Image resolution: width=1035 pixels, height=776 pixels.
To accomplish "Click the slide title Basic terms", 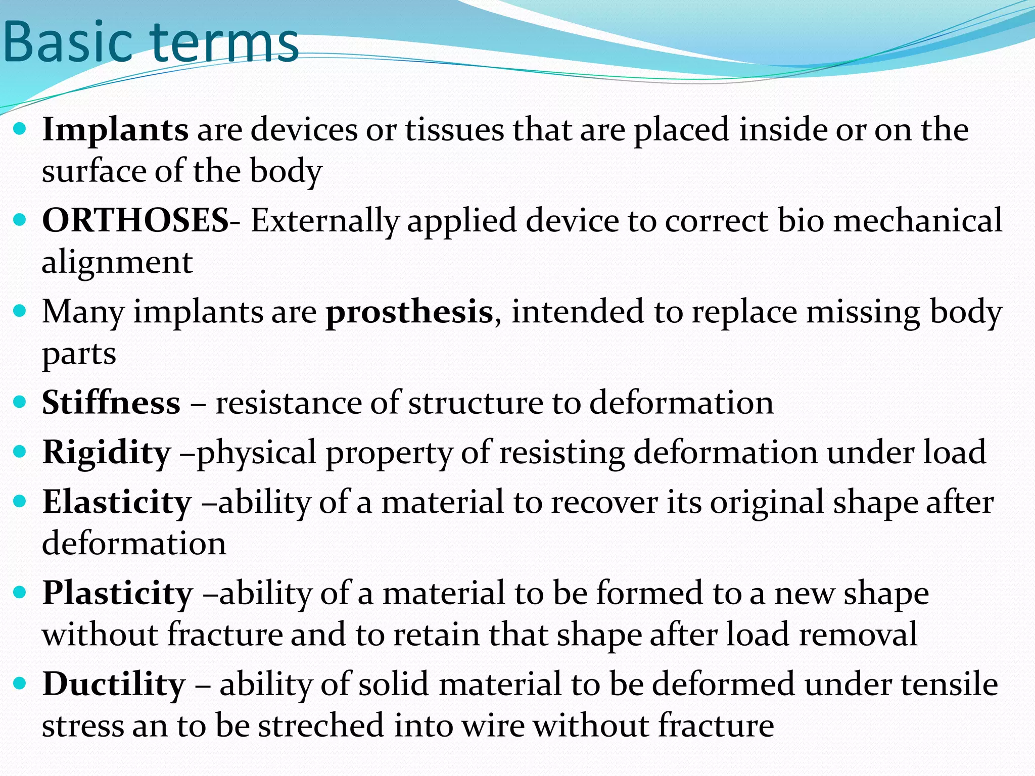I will tap(151, 42).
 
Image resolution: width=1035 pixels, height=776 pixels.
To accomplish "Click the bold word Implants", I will tap(115, 129).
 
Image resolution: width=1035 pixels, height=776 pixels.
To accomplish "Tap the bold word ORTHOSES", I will tap(135, 220).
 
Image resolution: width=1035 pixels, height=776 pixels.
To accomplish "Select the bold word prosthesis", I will tap(409, 312).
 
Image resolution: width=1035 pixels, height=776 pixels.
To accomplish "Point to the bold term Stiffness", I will tap(111, 403).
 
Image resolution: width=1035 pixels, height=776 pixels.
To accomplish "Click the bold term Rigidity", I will tap(107, 452).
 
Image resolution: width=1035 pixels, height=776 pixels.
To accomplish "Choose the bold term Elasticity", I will tap(117, 502).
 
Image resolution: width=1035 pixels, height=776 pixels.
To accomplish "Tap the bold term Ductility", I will tap(114, 684).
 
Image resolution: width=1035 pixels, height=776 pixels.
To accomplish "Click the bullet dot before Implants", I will tap(20, 129).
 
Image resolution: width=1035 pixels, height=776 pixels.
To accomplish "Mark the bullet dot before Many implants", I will tap(20, 311).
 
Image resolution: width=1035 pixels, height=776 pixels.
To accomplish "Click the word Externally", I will tap(325, 221).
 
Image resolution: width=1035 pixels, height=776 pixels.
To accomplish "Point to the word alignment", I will tap(117, 263).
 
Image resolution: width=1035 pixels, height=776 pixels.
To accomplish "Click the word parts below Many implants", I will tap(79, 354).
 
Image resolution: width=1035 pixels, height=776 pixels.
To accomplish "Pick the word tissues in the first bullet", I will tap(454, 129).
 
